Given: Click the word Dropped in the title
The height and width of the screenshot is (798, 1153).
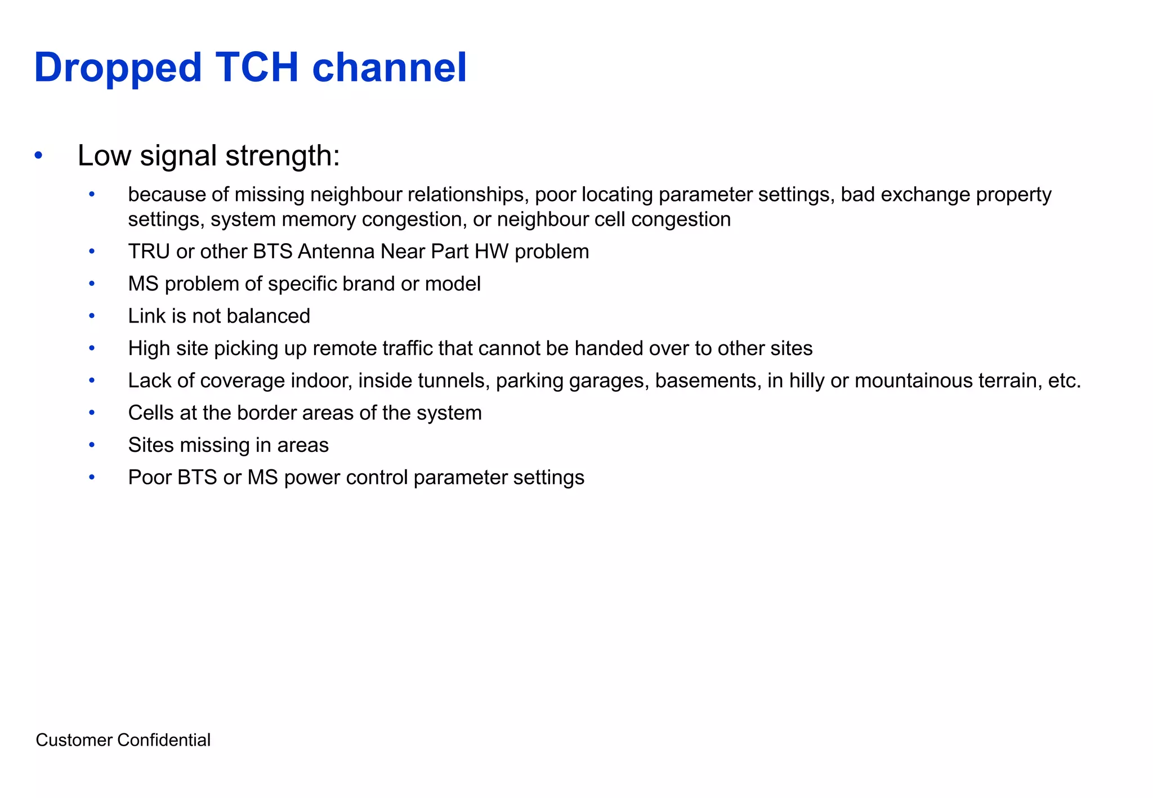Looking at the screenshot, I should point(118,69).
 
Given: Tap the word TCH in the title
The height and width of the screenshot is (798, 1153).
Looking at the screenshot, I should point(256,68).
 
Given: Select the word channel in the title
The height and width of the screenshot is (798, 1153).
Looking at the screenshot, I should point(390,68).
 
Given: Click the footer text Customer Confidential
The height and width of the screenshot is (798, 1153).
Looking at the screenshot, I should point(123,739).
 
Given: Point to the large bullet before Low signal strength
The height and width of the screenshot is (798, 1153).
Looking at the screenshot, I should point(38,155).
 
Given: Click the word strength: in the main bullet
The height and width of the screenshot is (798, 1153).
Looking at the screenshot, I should point(283,156).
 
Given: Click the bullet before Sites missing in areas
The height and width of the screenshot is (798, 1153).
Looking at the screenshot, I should point(92,445).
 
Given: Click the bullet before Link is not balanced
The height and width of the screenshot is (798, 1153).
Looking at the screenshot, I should point(92,316).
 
